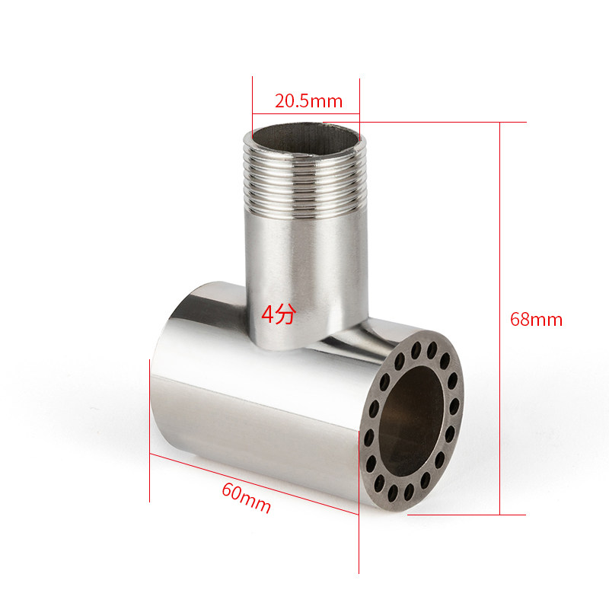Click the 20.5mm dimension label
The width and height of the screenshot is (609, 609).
(309, 101)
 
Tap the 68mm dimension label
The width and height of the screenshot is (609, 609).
(536, 319)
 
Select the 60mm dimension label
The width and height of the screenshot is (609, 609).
(246, 498)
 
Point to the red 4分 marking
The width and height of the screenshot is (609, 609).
(279, 314)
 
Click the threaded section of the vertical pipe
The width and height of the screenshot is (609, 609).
(305, 183)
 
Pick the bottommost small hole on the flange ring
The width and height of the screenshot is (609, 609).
(393, 493)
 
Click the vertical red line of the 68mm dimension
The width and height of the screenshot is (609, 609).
(500, 318)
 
